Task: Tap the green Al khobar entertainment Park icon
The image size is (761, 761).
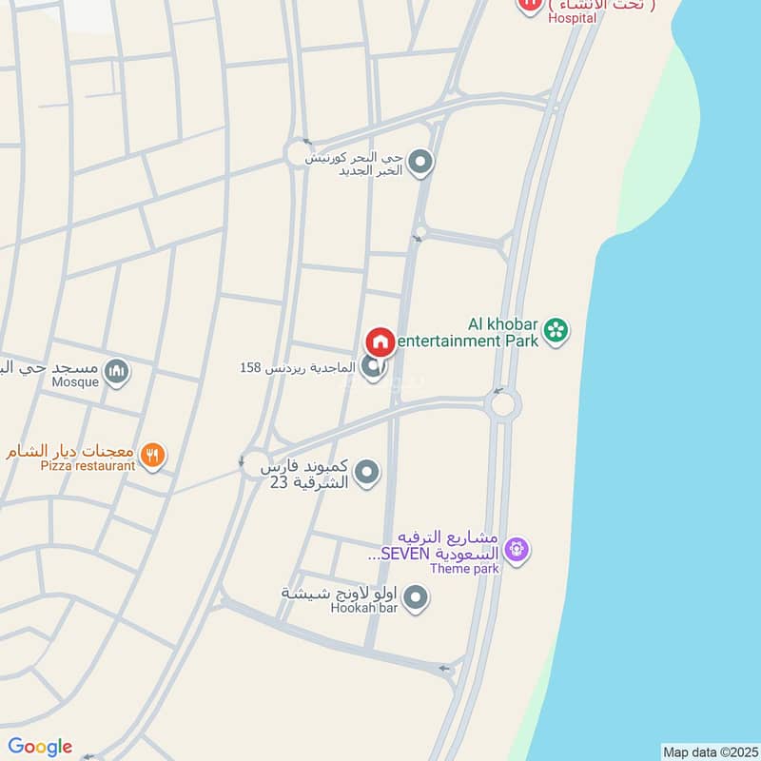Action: pos(556,331)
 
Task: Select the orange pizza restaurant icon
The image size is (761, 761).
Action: pos(152,457)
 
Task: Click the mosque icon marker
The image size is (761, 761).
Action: pos(116,371)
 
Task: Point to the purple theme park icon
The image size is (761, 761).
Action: pos(517,549)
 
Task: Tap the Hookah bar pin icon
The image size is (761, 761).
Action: pos(415,598)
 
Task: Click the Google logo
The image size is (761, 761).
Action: pos(40,747)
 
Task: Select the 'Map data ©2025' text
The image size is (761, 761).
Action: pos(710,751)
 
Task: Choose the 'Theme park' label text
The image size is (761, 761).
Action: pos(464,569)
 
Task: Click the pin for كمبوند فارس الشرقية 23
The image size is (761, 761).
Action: pos(367,472)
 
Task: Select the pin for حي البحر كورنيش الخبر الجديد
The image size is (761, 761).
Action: pos(421,163)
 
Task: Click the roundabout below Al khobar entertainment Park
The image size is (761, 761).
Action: pos(501,405)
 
